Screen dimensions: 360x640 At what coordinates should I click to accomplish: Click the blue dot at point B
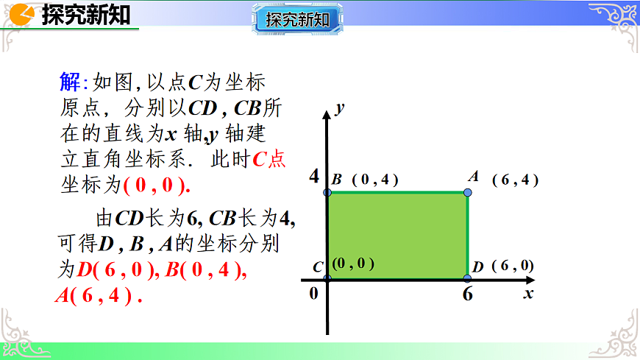tap(327, 193)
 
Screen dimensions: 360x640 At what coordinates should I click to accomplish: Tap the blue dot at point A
tap(468, 193)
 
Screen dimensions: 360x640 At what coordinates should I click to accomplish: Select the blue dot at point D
tap(468, 278)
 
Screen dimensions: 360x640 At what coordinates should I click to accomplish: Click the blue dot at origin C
tap(327, 278)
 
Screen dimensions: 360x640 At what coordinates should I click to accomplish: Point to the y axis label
tap(339, 108)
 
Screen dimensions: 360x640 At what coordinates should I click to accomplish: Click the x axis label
tap(527, 293)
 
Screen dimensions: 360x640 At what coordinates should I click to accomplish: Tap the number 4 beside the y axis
tap(314, 177)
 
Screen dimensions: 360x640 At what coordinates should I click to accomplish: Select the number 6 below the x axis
tap(468, 295)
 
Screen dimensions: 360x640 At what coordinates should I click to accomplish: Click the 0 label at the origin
tap(313, 293)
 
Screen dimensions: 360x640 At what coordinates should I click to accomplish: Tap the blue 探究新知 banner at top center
tap(298, 19)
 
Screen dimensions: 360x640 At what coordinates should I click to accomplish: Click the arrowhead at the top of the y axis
tap(327, 114)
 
